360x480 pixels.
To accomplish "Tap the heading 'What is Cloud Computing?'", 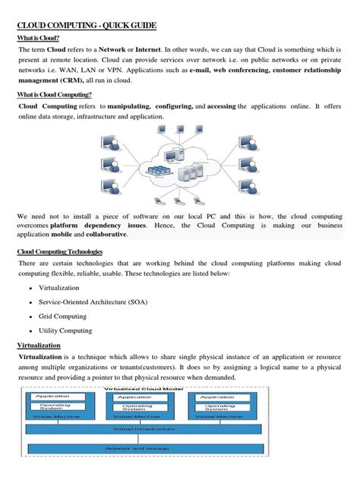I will pyautogui.click(x=54, y=95).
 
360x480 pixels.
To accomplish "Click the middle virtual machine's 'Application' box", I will pyautogui.click(x=135, y=396).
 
